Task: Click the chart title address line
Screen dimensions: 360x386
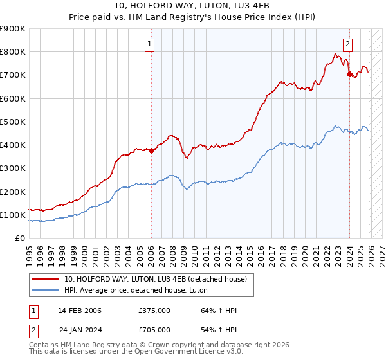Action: pyautogui.click(x=192, y=6)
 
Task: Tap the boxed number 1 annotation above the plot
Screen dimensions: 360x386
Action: pyautogui.click(x=149, y=44)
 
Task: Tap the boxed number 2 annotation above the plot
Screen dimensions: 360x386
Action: pyautogui.click(x=347, y=44)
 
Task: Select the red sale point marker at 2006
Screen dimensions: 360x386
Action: pyautogui.click(x=151, y=151)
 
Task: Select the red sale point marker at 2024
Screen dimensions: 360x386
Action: pyautogui.click(x=349, y=75)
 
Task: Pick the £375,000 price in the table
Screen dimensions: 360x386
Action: pyautogui.click(x=154, y=310)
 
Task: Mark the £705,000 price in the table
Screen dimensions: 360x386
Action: pyautogui.click(x=154, y=329)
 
